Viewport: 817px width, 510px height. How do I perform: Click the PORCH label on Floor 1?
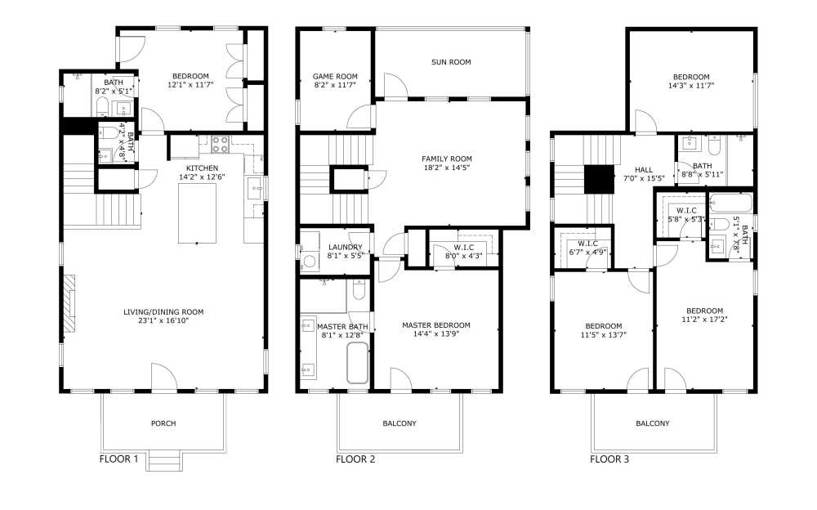tap(163, 423)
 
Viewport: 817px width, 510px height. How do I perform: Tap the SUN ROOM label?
tap(451, 62)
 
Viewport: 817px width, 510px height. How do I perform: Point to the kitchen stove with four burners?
tap(221, 145)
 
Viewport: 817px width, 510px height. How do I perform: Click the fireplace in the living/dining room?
tap(71, 302)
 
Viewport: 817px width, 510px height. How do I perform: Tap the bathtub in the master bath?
tap(358, 363)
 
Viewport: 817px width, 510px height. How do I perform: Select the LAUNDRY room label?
tap(345, 247)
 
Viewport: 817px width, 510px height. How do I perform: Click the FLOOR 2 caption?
tap(355, 459)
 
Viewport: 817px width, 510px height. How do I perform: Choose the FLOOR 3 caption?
tap(609, 459)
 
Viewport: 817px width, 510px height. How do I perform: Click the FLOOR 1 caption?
tap(118, 459)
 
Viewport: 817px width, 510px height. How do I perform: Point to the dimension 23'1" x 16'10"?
tap(163, 321)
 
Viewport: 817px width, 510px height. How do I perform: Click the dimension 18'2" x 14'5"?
tap(447, 168)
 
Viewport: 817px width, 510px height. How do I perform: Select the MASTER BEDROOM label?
tap(436, 325)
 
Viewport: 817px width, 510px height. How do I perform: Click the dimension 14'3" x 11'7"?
tap(691, 85)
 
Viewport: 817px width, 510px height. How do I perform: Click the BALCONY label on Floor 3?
tap(653, 423)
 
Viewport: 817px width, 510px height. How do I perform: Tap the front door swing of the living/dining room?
tap(163, 377)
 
